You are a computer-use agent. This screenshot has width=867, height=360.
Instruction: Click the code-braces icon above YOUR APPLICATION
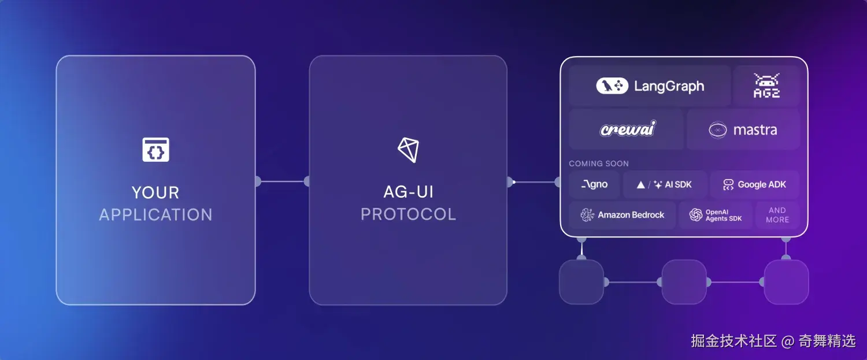(x=155, y=150)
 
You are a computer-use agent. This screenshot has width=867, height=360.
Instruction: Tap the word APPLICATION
(x=155, y=215)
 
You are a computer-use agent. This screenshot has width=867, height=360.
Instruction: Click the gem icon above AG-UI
(x=408, y=150)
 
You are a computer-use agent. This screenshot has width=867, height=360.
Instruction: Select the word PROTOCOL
(x=408, y=214)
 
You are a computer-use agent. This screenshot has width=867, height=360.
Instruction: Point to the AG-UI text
(x=408, y=192)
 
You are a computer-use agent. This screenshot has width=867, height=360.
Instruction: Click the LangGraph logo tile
(x=650, y=86)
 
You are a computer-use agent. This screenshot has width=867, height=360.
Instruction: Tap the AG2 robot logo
(x=766, y=86)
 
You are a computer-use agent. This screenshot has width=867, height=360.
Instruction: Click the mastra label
(x=755, y=130)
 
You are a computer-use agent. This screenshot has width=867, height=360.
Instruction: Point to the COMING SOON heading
(x=598, y=164)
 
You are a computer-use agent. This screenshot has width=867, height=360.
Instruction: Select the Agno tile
(x=594, y=185)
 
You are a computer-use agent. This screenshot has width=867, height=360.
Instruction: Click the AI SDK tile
(x=665, y=185)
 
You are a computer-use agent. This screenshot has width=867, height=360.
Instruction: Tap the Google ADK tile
(x=754, y=185)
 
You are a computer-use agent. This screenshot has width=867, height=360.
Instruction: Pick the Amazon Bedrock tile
(x=623, y=215)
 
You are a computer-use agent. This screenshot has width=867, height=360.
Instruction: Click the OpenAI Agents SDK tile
(x=716, y=215)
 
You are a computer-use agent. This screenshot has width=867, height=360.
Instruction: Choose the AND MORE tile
(x=777, y=215)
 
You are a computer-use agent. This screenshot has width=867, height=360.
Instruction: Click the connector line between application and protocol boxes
(x=282, y=181)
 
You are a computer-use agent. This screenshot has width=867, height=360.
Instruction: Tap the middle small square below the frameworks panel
(x=684, y=282)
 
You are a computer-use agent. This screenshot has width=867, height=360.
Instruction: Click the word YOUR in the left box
(x=155, y=192)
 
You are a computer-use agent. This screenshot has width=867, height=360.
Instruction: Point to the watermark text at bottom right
(x=773, y=341)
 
